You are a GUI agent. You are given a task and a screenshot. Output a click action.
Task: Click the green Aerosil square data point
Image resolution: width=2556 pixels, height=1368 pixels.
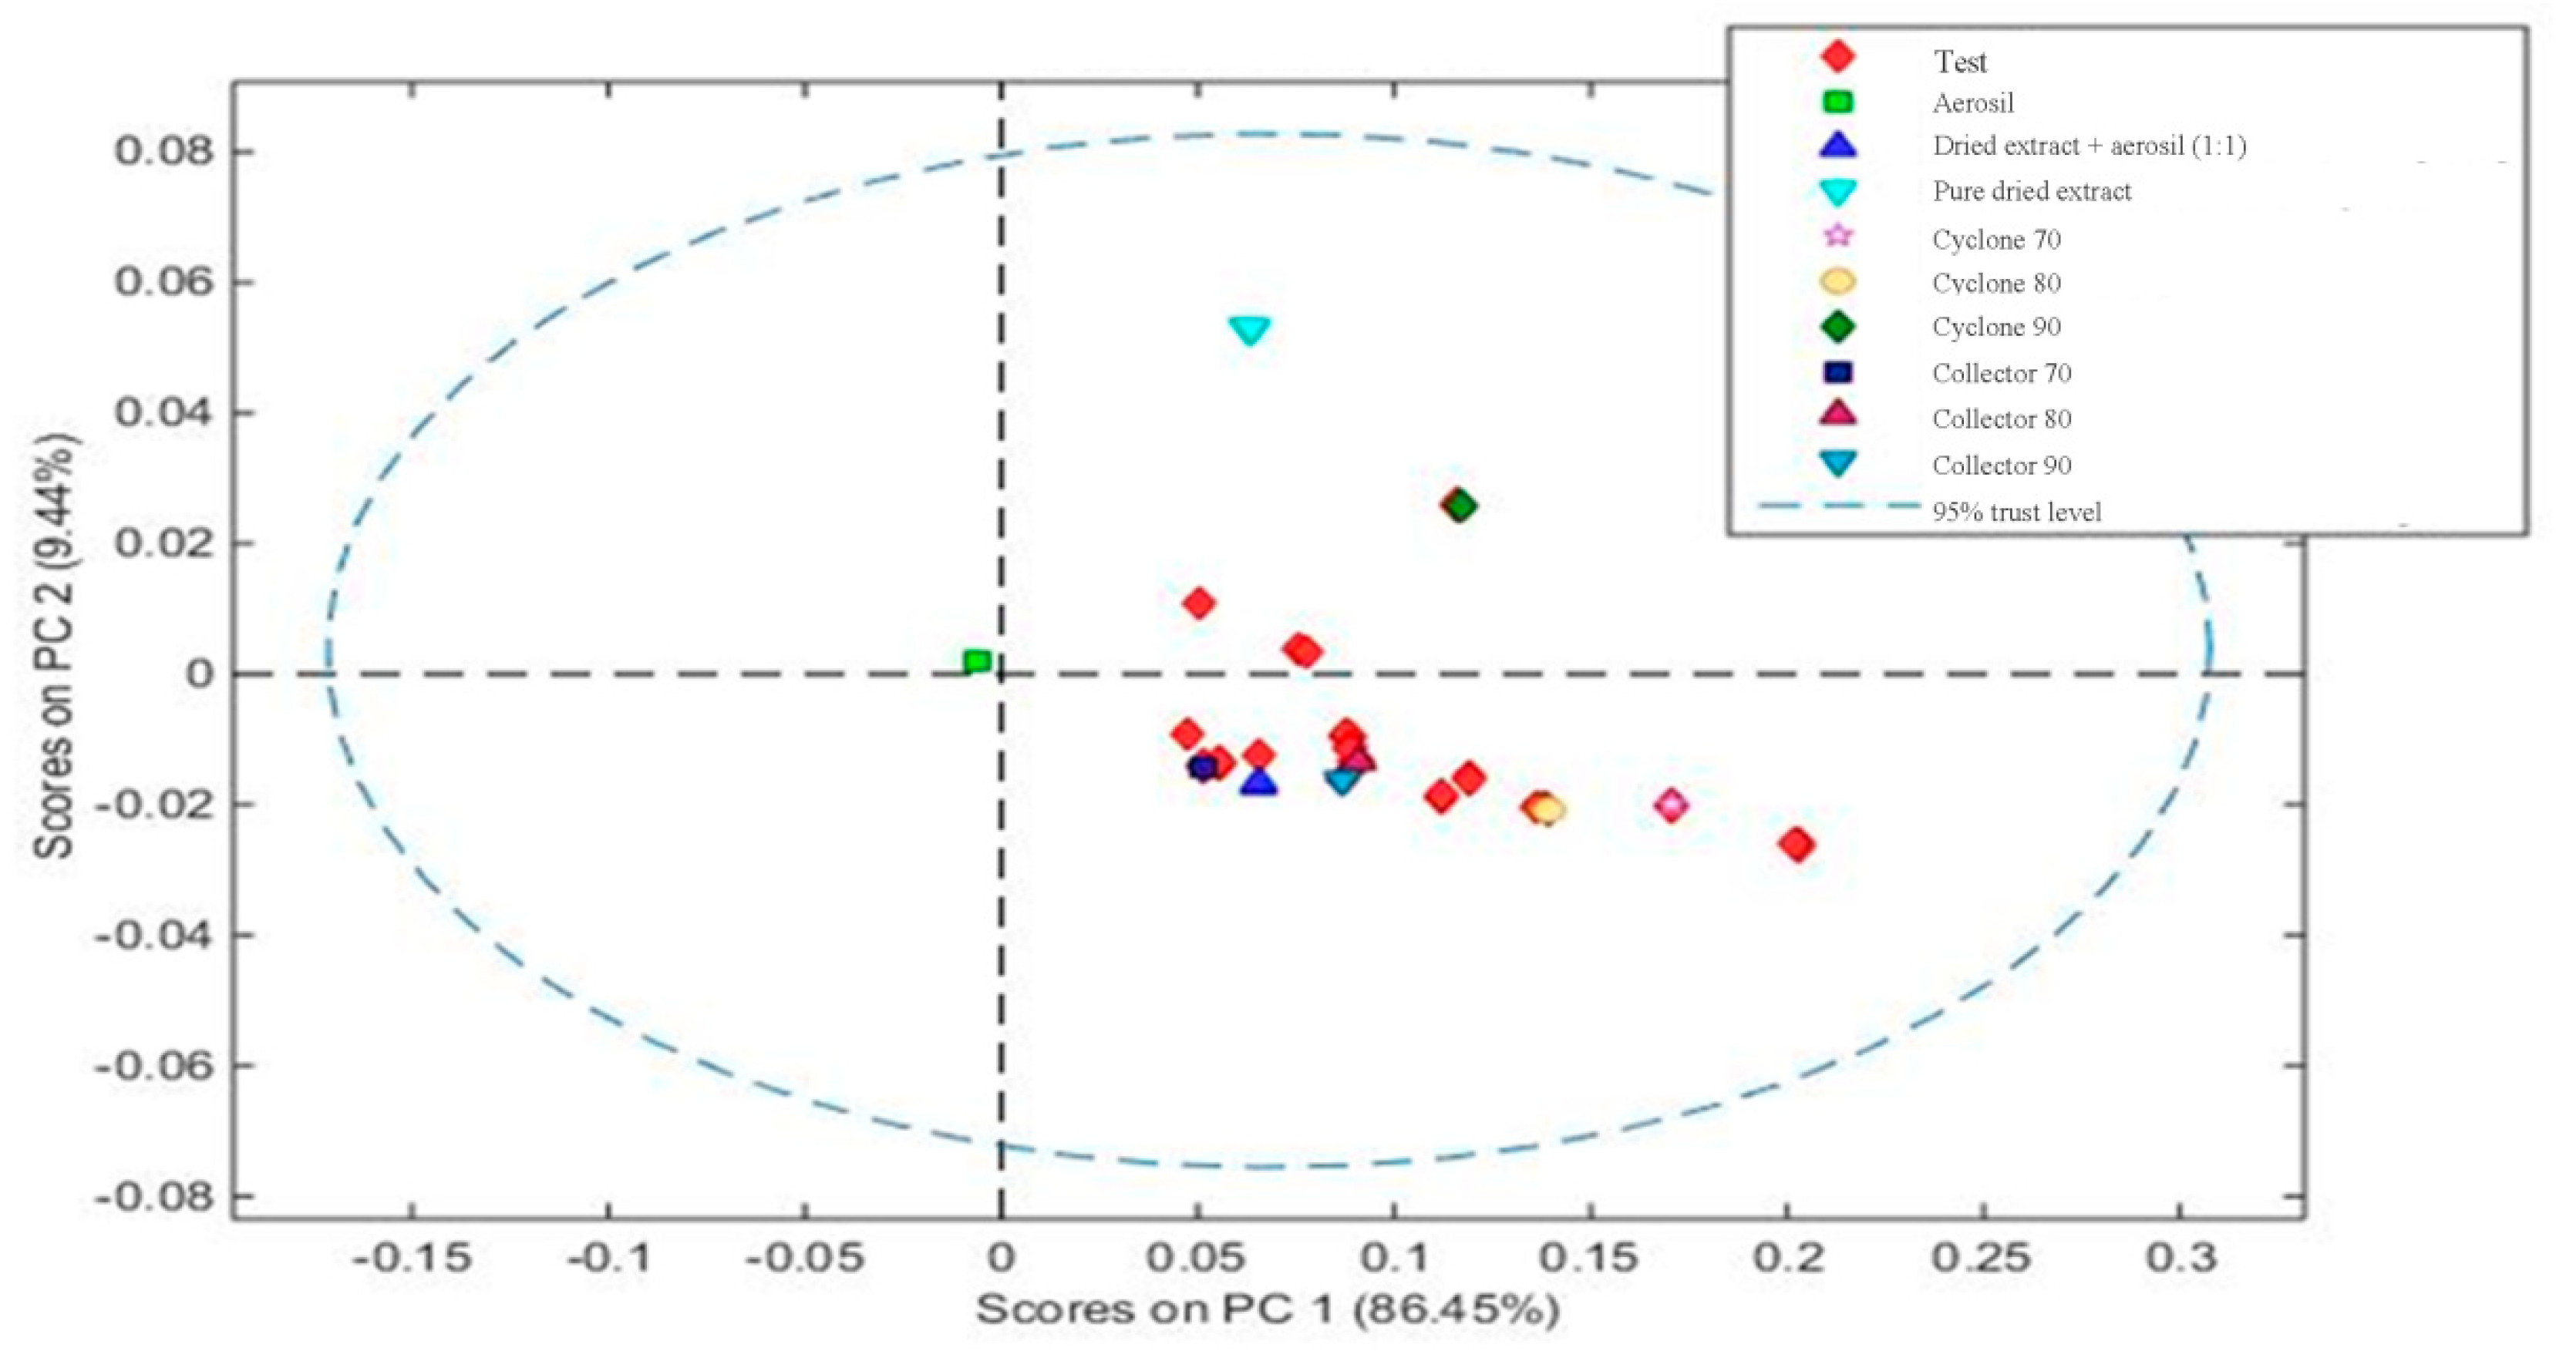978,662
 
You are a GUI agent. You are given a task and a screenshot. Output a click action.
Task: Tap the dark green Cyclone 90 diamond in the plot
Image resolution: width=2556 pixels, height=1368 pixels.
1460,506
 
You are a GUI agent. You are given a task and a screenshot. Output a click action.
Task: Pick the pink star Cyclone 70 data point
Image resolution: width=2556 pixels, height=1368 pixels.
1672,805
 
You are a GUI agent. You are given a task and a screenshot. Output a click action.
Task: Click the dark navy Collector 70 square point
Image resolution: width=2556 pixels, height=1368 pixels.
1203,767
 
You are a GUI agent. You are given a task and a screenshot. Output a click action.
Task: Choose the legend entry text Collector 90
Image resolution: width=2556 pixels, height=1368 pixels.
2002,466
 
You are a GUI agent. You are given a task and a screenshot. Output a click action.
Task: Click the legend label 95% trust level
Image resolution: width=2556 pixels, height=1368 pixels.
2016,512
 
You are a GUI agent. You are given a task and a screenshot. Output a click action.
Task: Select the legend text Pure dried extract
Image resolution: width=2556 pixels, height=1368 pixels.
2031,191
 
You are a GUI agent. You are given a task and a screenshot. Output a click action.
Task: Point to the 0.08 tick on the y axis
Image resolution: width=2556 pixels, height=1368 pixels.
165,152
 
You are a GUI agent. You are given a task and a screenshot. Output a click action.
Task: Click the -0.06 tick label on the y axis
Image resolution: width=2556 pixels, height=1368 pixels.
153,1067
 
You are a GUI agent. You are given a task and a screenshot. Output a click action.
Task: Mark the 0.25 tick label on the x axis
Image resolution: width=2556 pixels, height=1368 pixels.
1982,1258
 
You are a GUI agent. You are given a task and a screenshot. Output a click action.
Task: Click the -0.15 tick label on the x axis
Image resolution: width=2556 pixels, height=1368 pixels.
412,1258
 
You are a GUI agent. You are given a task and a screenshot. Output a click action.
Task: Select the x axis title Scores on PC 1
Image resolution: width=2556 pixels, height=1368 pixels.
1267,1309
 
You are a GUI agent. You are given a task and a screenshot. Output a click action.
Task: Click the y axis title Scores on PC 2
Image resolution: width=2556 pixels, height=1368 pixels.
55,645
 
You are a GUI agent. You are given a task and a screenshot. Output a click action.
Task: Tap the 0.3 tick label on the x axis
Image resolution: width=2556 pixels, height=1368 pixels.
2181,1258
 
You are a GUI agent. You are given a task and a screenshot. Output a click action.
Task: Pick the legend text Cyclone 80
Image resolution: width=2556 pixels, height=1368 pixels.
1996,284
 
